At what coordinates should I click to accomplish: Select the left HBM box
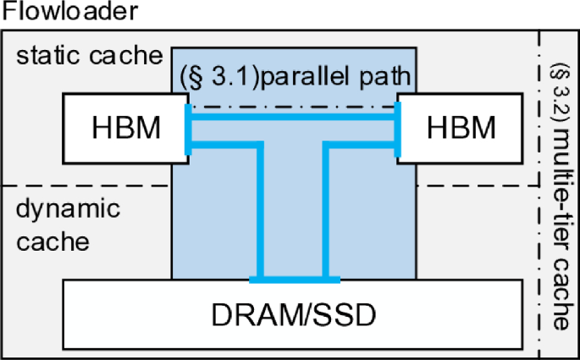(x=126, y=128)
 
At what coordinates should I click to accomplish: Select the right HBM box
(x=461, y=128)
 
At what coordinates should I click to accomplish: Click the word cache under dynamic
(x=52, y=241)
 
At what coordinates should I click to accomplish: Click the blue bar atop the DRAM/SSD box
(x=293, y=279)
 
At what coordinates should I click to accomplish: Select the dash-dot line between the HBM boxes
(x=292, y=107)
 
